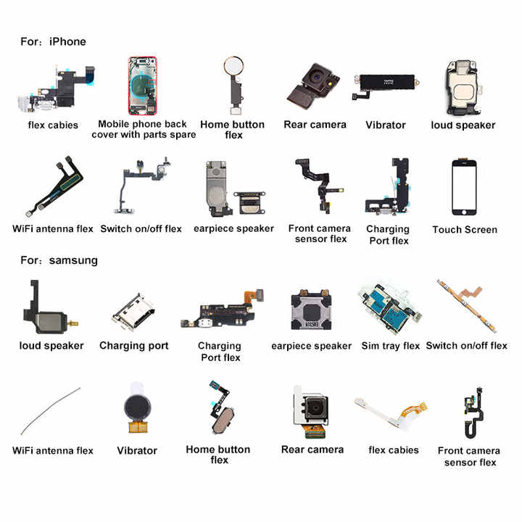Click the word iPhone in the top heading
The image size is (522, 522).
(x=67, y=41)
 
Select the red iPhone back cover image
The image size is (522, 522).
(x=143, y=86)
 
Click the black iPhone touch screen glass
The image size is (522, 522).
(x=465, y=186)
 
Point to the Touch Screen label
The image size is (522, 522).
(x=465, y=230)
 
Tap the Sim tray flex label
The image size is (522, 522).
(x=391, y=346)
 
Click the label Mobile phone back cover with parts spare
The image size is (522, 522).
(x=144, y=130)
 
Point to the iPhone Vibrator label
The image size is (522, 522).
(x=386, y=125)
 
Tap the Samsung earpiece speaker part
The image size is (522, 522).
(x=311, y=310)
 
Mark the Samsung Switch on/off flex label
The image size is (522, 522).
(x=467, y=346)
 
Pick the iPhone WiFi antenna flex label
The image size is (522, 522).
(x=53, y=229)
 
